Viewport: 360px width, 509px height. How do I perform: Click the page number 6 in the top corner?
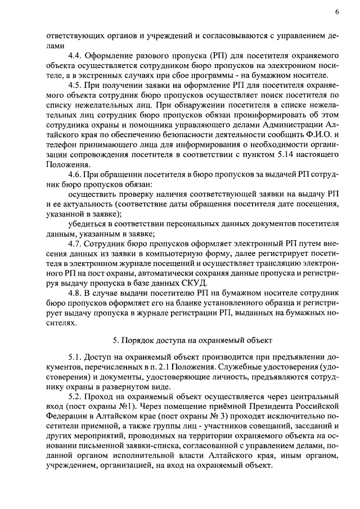point(336,12)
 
